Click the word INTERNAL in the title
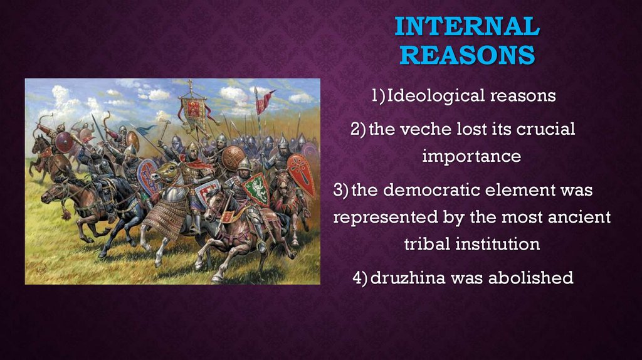(467, 26)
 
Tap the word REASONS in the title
(467, 55)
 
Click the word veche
(426, 129)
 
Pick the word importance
(471, 156)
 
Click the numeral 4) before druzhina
(360, 278)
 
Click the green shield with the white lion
(256, 188)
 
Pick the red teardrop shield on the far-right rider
(302, 175)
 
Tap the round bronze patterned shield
(233, 159)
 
